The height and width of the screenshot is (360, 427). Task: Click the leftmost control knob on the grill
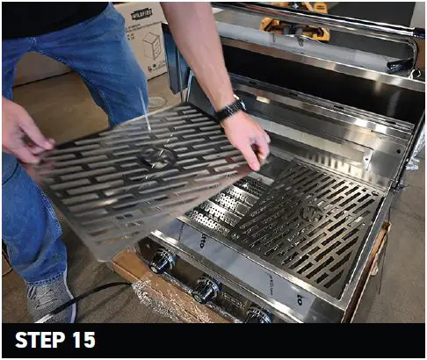click(x=162, y=261)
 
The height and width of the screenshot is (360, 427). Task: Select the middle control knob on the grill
click(x=206, y=289)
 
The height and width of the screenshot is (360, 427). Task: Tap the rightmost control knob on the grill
click(x=257, y=313)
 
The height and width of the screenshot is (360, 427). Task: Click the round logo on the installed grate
click(x=310, y=212)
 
